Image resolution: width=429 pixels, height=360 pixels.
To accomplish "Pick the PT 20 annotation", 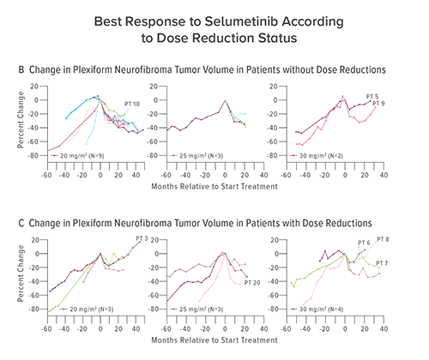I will (x=253, y=282).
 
